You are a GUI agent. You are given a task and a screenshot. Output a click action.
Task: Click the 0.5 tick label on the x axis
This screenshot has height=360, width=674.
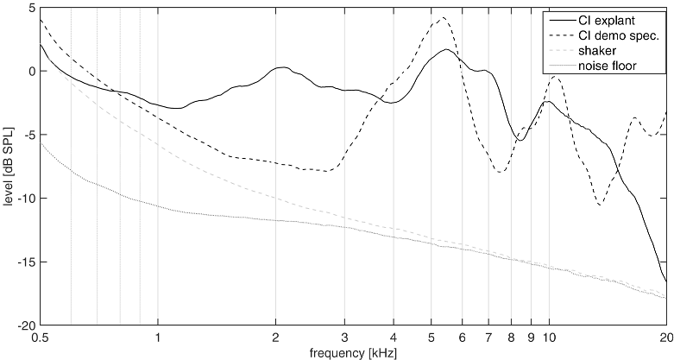(x=40, y=338)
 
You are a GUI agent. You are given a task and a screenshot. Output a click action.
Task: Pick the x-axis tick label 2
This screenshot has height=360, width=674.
(x=275, y=338)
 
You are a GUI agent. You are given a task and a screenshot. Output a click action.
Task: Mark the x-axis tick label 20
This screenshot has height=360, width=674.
(x=665, y=338)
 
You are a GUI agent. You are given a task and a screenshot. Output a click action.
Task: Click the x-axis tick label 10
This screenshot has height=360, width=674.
(x=549, y=338)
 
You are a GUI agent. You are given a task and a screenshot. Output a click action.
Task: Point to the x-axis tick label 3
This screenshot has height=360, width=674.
(x=344, y=338)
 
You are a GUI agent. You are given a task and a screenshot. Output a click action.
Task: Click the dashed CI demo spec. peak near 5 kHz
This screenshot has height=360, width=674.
(x=443, y=18)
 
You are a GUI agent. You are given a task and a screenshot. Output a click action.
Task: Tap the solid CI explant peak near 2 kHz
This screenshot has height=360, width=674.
(x=280, y=67)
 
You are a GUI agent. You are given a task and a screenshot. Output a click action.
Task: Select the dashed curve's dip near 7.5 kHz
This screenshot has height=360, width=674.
(x=501, y=173)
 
